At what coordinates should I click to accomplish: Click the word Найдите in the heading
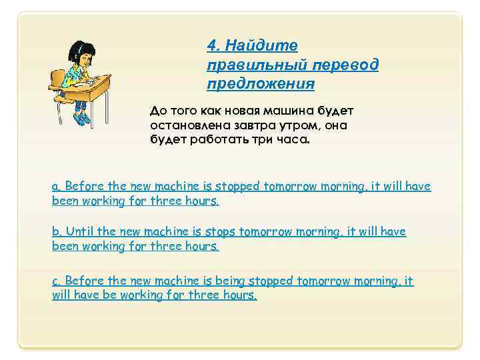262,45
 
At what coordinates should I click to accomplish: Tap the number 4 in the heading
213,45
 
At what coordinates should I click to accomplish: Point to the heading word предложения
261,85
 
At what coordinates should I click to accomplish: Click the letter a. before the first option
56,187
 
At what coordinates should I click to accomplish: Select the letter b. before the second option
56,231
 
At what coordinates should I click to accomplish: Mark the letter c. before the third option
56,281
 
